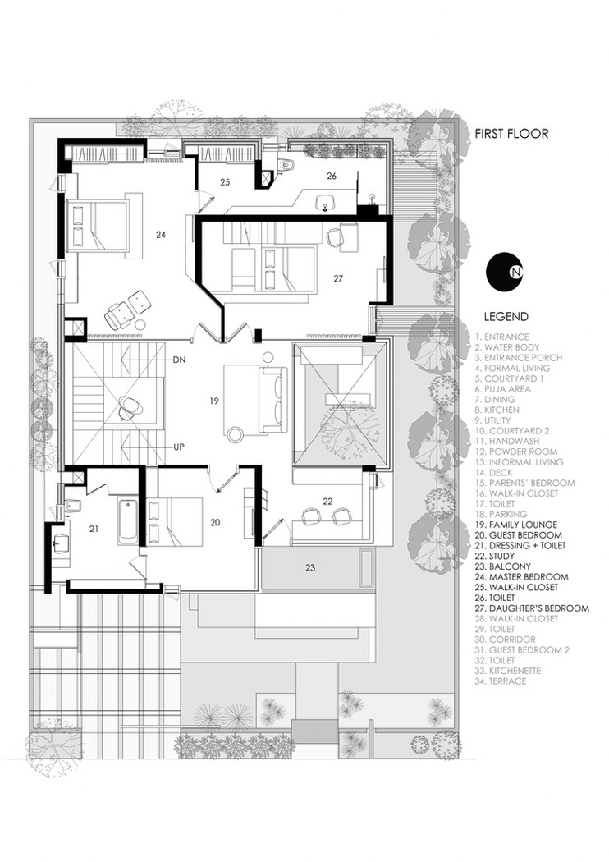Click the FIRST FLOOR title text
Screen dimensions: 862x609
pyautogui.click(x=509, y=134)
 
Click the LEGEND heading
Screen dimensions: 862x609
pyautogui.click(x=506, y=316)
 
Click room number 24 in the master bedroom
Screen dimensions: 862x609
pyautogui.click(x=161, y=235)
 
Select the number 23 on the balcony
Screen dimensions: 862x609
pyautogui.click(x=310, y=567)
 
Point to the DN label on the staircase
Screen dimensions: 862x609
pyautogui.click(x=180, y=360)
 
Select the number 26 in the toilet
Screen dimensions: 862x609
pyautogui.click(x=332, y=175)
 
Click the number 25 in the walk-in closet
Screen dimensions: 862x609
pyautogui.click(x=225, y=182)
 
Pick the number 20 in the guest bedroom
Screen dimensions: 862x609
pyautogui.click(x=215, y=521)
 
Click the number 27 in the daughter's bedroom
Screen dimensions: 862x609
pyautogui.click(x=337, y=278)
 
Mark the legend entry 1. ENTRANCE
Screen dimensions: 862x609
pyautogui.click(x=501, y=337)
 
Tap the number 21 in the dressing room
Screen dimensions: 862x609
pyautogui.click(x=94, y=529)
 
